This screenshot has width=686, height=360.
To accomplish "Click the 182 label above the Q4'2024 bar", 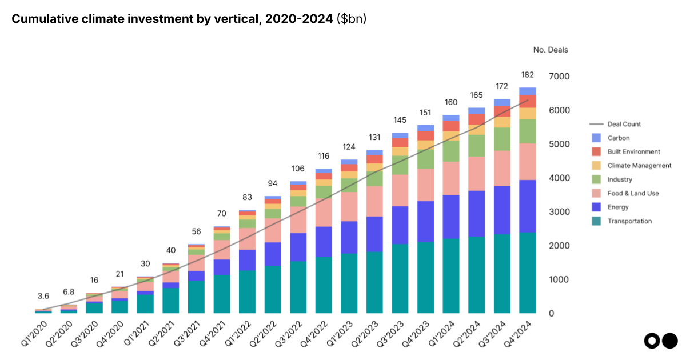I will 527,75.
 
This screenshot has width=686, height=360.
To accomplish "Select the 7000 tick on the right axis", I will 559,77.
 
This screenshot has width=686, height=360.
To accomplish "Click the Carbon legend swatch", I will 596,138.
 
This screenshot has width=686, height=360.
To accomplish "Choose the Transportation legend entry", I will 629,221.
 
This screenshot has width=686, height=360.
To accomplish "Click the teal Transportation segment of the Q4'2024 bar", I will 527,273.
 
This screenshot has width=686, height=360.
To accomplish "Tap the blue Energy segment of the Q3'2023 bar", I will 400,225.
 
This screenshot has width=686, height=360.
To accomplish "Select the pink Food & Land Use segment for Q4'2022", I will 324,212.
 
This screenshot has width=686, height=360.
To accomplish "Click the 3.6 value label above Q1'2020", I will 43,295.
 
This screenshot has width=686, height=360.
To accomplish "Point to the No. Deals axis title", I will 551,50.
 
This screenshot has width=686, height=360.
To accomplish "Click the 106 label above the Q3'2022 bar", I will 298,169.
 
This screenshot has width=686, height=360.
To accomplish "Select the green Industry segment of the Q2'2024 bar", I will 476,146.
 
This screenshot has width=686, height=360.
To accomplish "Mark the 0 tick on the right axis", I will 551,314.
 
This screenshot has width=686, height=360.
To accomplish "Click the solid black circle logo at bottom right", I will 669,341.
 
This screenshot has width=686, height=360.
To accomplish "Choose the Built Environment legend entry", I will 633,151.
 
